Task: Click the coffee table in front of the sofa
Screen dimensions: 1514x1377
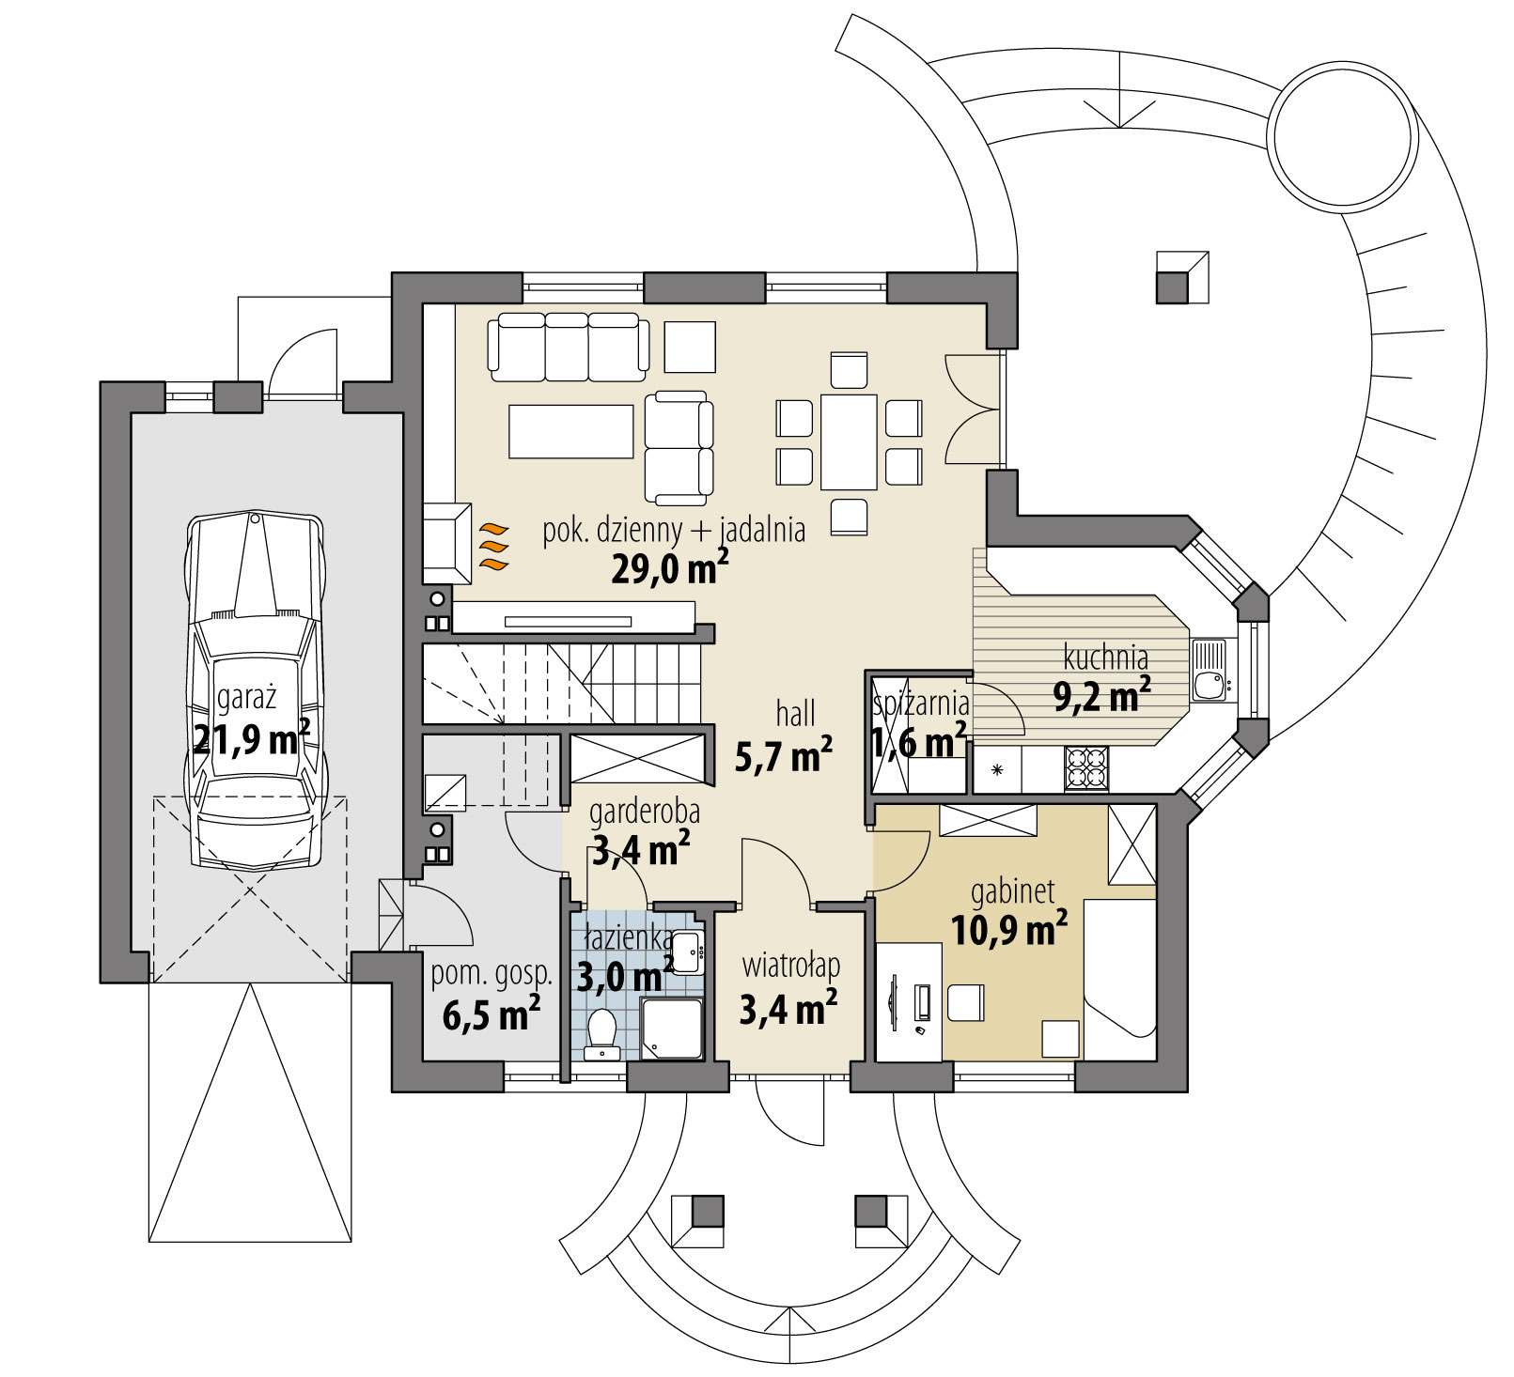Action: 571,431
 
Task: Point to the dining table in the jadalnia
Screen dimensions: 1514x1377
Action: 849,441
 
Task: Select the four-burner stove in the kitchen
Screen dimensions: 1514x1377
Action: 1086,768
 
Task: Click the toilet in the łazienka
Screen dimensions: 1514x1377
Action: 599,1032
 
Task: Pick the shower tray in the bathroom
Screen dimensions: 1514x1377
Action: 671,1029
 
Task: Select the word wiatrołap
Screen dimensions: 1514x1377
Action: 790,966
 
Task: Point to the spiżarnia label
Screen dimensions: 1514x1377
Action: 921,701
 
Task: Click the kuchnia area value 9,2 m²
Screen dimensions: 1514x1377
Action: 1102,696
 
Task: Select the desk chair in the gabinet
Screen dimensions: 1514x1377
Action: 965,1001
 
